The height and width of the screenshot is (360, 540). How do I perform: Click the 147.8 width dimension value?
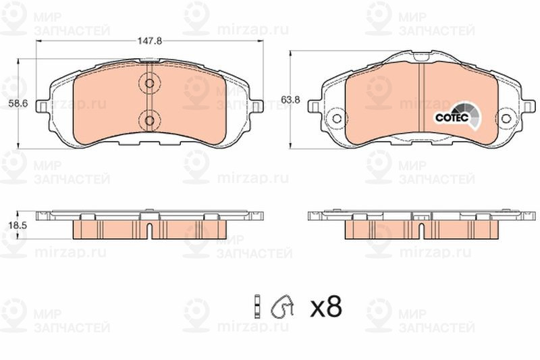[x=149, y=41]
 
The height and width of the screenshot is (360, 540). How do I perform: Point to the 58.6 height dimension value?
[x=18, y=103]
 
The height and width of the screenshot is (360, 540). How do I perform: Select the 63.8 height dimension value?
[x=290, y=100]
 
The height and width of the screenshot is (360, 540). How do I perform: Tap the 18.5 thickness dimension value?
[x=18, y=226]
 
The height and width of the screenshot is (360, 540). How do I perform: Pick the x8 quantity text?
[x=326, y=307]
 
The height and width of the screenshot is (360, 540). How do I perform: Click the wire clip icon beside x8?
[x=282, y=306]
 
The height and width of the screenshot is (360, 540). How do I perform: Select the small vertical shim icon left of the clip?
[x=256, y=306]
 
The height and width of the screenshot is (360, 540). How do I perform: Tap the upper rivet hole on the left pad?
[x=149, y=83]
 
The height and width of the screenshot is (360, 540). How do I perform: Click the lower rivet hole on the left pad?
[x=149, y=120]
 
